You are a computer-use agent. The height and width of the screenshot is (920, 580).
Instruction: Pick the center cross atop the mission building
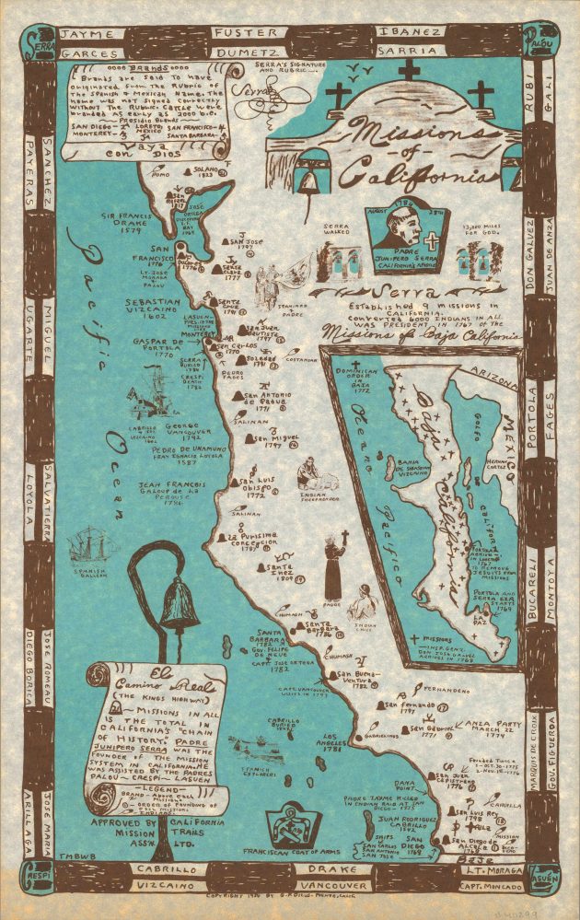pos(410,71)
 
